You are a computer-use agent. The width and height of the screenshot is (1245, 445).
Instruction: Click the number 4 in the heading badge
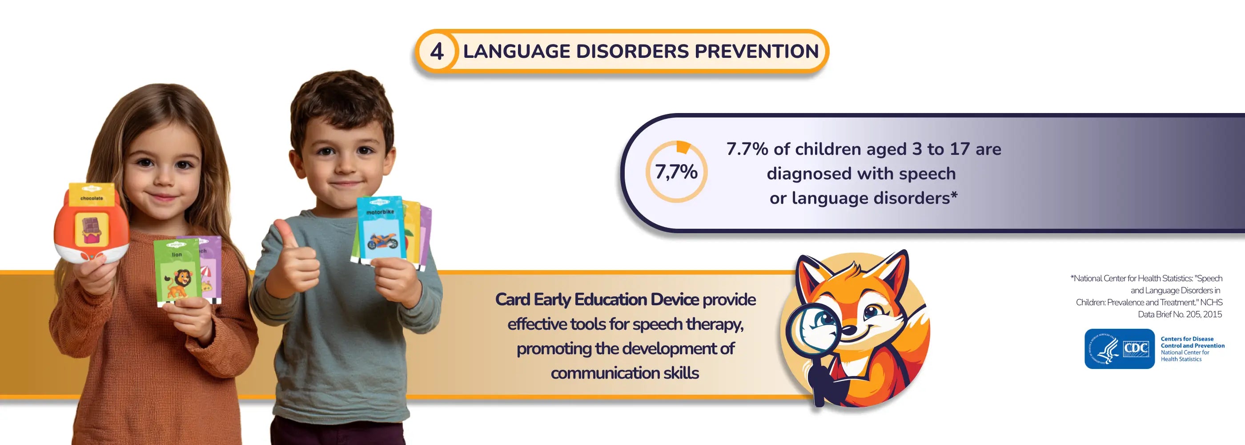(x=437, y=51)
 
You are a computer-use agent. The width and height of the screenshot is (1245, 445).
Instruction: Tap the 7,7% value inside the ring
(x=676, y=172)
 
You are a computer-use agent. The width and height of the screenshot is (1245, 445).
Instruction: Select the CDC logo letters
(x=1136, y=348)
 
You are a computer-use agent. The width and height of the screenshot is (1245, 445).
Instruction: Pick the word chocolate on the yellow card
(x=91, y=198)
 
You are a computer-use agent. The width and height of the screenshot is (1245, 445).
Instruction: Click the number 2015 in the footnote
(x=1212, y=315)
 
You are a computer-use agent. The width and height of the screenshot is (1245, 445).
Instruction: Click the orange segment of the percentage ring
(x=683, y=146)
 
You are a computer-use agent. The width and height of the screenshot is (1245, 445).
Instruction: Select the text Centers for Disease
(x=1187, y=339)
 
